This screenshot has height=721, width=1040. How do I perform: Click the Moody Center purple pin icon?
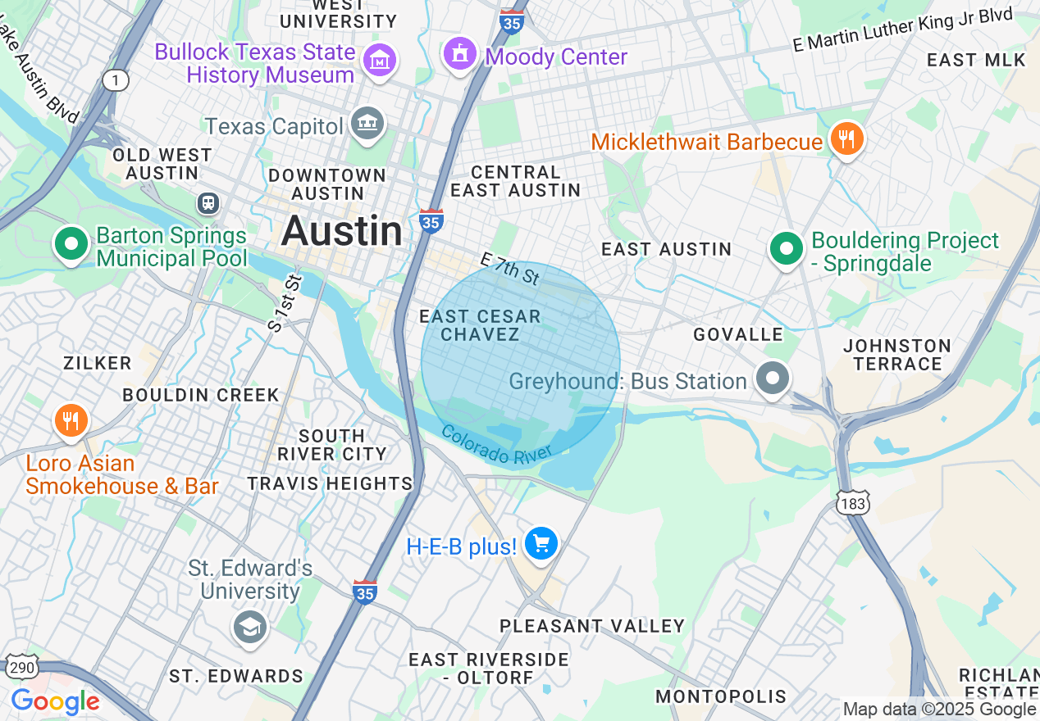(460, 54)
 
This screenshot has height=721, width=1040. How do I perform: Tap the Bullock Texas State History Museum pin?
(381, 60)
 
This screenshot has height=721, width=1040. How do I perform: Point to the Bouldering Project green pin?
(786, 247)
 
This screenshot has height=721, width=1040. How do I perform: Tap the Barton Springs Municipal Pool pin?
(71, 243)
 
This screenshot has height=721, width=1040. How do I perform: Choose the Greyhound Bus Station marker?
(773, 379)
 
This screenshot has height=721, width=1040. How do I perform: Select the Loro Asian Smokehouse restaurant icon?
(71, 421)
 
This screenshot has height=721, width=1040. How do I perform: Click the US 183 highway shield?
(853, 503)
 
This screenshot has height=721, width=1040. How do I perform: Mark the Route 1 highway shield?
(116, 79)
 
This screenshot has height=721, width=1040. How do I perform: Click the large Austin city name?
(342, 232)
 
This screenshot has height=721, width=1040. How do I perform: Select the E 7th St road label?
(510, 269)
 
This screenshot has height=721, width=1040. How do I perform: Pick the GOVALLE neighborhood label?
(738, 334)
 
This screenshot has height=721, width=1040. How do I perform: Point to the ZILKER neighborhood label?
(97, 363)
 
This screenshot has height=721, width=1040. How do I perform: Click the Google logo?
(55, 702)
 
